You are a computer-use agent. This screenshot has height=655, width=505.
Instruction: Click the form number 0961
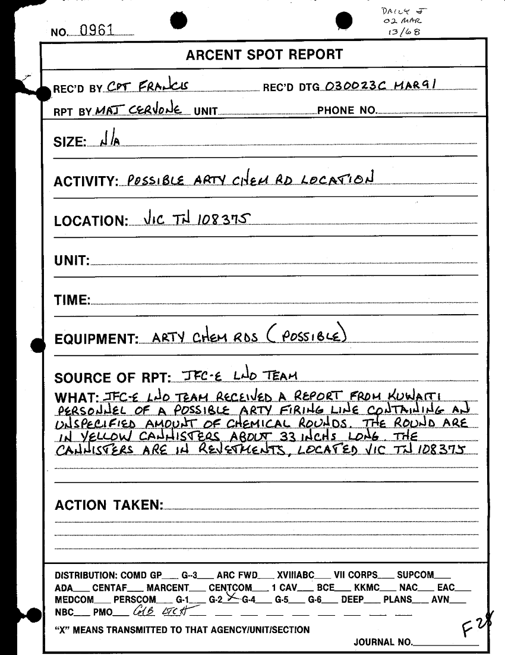97,30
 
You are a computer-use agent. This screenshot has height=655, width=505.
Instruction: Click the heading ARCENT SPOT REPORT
264,55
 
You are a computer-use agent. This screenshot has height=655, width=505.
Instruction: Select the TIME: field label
72,300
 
